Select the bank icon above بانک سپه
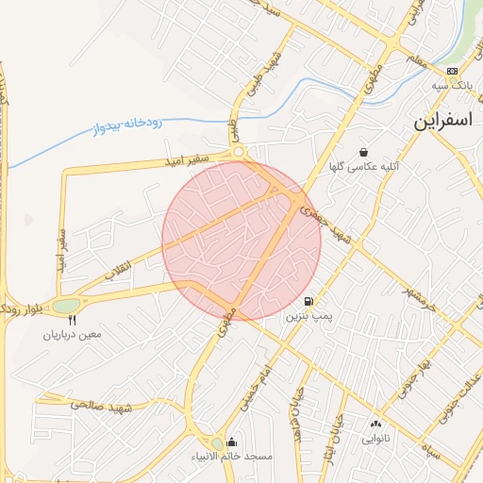pos(452,72)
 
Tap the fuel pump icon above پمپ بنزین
pos(309,302)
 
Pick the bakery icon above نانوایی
pos(376,425)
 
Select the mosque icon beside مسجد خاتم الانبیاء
pos(232,442)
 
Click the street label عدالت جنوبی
pos(462,397)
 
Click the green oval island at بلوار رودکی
pos(67,306)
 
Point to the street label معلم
pos(414,59)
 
